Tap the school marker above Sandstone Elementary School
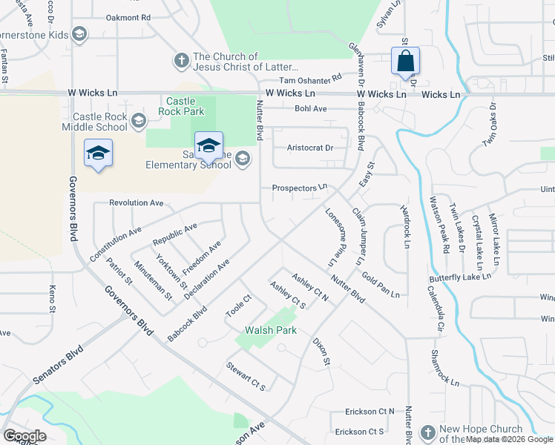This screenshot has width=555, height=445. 208,146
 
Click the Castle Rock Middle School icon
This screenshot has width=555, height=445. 138,120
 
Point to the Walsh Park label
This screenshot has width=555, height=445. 272,330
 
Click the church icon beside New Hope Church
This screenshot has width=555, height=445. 427,432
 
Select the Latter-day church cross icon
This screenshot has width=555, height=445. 181,59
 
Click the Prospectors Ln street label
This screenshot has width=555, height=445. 300,188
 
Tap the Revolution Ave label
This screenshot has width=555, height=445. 136,202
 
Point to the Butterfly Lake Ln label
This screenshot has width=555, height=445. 460,277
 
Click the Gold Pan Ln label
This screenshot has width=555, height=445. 381,285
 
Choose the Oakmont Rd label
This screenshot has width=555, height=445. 128,16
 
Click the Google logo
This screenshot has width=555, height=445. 24,436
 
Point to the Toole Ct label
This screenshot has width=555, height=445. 239,307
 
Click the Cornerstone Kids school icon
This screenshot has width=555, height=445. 79,35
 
